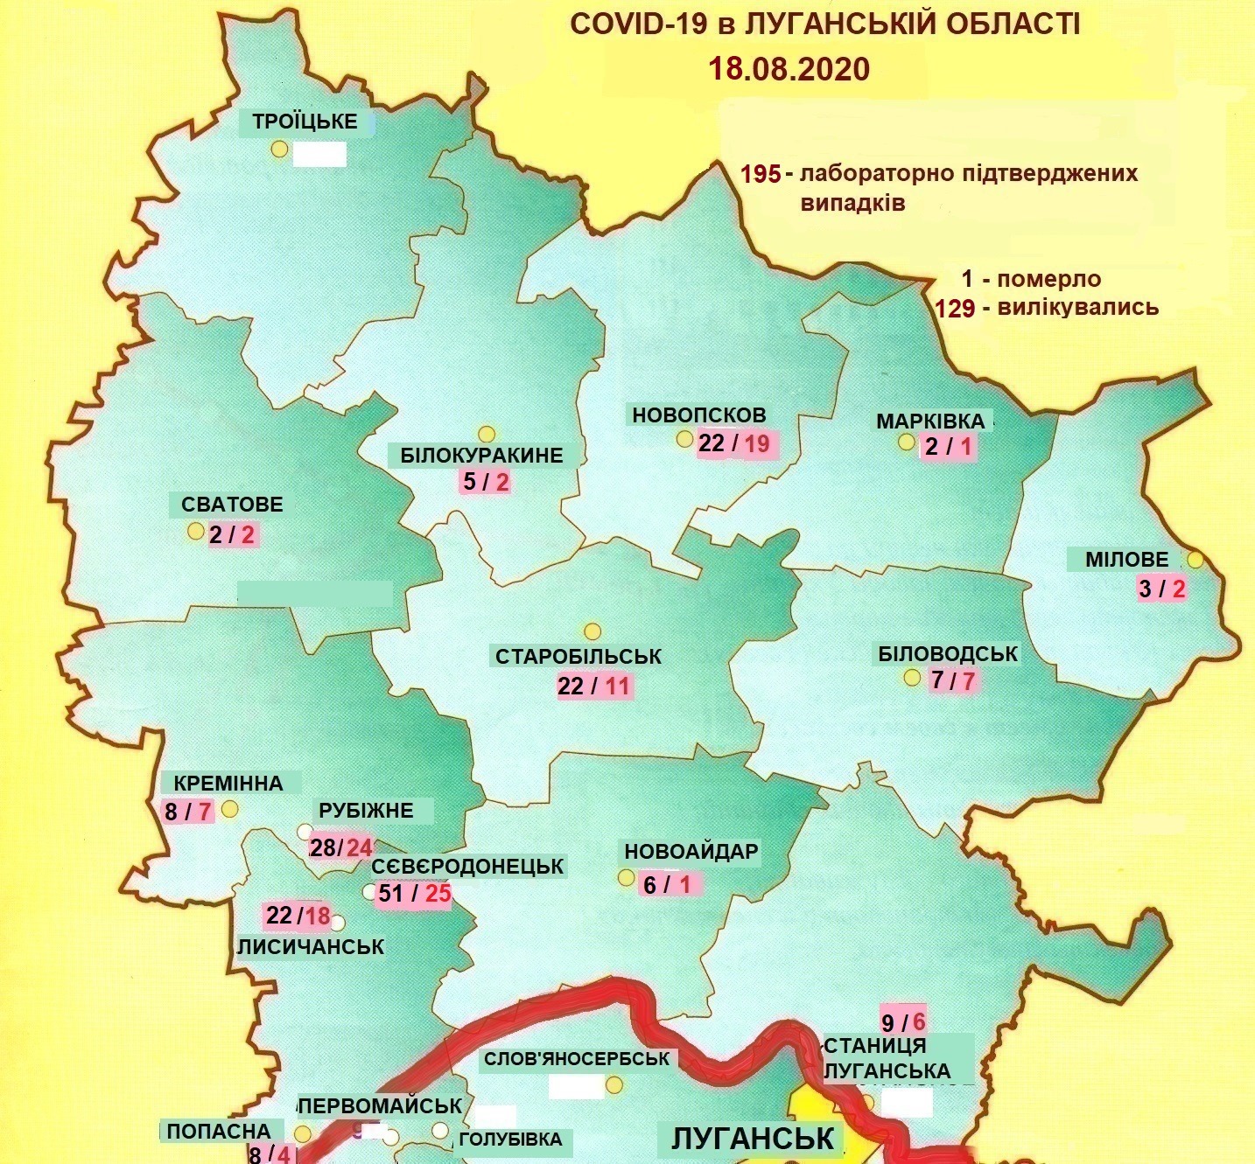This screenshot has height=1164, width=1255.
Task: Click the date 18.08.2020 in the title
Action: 789,68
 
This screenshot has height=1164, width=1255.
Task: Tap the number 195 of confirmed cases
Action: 761,174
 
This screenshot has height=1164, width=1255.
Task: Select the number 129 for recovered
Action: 955,309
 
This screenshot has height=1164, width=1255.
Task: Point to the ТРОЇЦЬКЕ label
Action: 305,122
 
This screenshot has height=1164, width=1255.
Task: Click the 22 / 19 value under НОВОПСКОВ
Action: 734,443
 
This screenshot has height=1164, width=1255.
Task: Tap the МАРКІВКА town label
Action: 930,421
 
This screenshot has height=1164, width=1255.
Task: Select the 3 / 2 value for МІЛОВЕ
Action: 1161,589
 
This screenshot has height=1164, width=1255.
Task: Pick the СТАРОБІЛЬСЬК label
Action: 578,656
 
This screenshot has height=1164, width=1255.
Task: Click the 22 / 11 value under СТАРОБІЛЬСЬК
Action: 594,686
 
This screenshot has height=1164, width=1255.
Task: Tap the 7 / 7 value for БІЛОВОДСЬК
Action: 953,680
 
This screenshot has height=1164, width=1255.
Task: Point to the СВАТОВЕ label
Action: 232,505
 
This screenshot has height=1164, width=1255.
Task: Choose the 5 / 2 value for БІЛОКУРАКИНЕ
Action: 486,482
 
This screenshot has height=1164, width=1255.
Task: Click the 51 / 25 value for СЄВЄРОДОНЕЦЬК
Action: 414,894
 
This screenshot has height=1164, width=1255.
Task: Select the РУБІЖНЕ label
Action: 366,810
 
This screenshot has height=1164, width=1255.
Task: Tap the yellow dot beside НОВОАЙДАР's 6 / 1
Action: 626,877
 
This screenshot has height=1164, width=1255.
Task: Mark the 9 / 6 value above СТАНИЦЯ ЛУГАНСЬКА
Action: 903,1021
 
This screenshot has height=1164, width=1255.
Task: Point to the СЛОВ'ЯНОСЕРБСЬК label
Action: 576,1058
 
